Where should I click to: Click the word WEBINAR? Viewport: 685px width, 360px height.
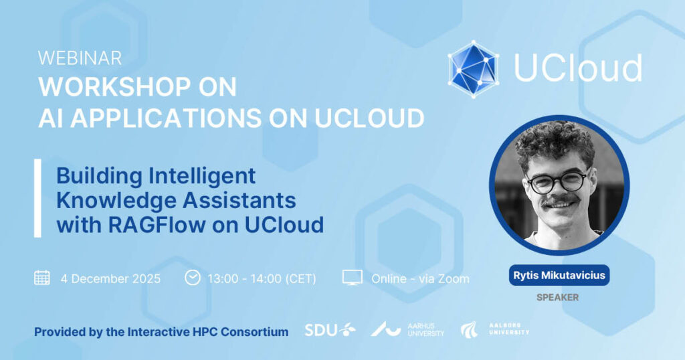pyautogui.click(x=80, y=58)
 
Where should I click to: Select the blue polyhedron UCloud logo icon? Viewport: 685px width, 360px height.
pyautogui.click(x=474, y=69)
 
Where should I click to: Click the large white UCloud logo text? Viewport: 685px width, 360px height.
pyautogui.click(x=578, y=68)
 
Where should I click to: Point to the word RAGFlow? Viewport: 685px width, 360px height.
pyautogui.click(x=157, y=225)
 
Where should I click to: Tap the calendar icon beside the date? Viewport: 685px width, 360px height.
pyautogui.click(x=42, y=278)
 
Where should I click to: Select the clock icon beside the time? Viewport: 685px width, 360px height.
pyautogui.click(x=192, y=278)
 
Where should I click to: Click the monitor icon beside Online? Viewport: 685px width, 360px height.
pyautogui.click(x=352, y=278)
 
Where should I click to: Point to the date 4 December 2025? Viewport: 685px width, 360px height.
pyautogui.click(x=110, y=279)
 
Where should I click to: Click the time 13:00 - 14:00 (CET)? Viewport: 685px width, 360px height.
pyautogui.click(x=262, y=279)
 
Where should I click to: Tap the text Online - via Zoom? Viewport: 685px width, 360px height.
pyautogui.click(x=420, y=279)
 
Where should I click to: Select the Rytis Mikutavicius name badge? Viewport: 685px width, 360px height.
pyautogui.click(x=559, y=275)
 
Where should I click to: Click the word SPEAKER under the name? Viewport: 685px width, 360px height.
pyautogui.click(x=557, y=298)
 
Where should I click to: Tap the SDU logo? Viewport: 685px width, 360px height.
pyautogui.click(x=330, y=330)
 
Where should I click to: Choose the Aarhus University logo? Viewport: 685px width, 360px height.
pyautogui.click(x=407, y=329)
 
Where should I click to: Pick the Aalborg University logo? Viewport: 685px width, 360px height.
pyautogui.click(x=494, y=330)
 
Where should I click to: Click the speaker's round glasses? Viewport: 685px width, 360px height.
pyautogui.click(x=557, y=182)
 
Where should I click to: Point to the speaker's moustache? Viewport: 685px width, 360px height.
pyautogui.click(x=561, y=201)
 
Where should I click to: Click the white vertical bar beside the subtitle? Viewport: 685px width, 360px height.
pyautogui.click(x=37, y=198)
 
